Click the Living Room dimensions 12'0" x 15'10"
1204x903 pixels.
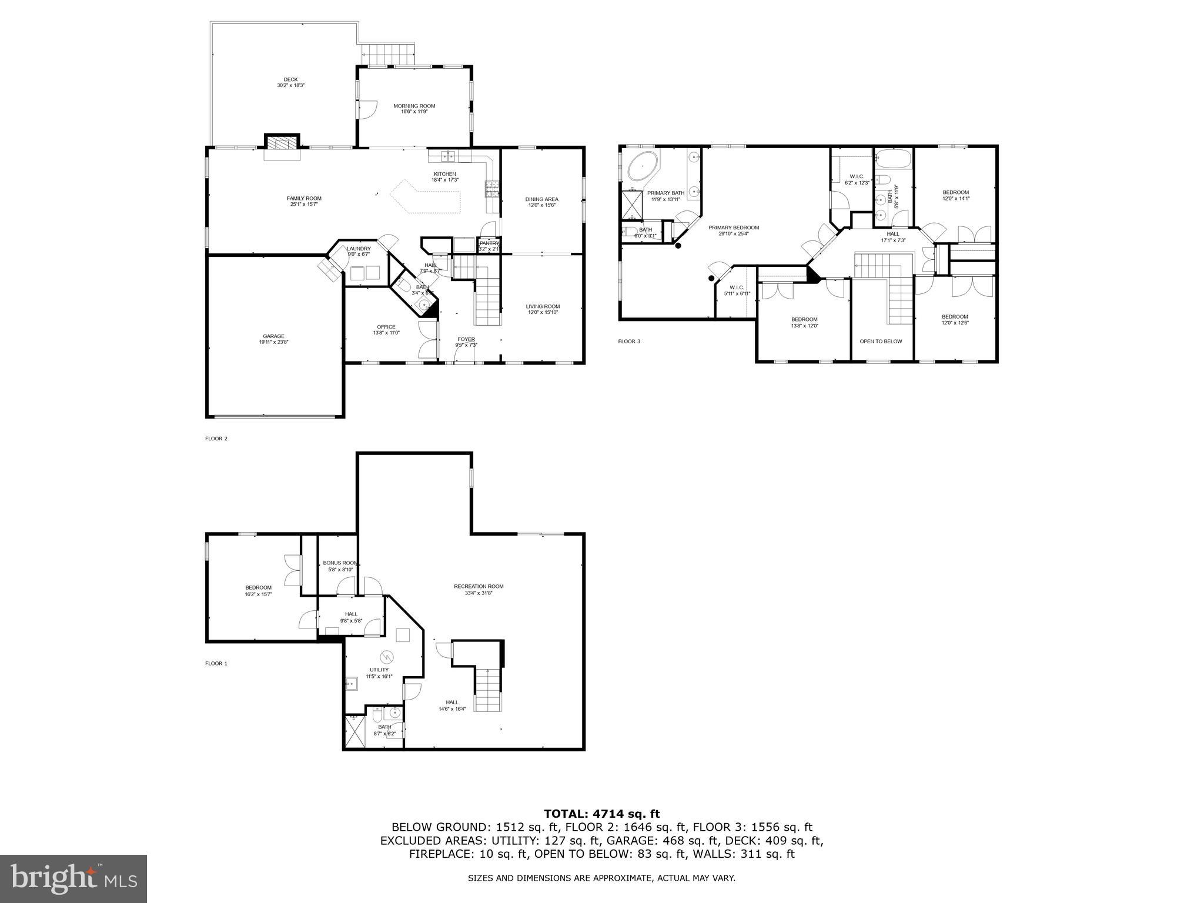(x=542, y=313)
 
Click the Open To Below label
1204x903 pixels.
(x=880, y=341)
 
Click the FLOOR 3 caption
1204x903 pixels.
(x=628, y=341)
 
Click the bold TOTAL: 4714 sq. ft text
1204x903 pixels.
(x=601, y=814)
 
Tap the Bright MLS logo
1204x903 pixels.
(x=73, y=879)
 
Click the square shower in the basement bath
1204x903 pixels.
(x=354, y=733)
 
